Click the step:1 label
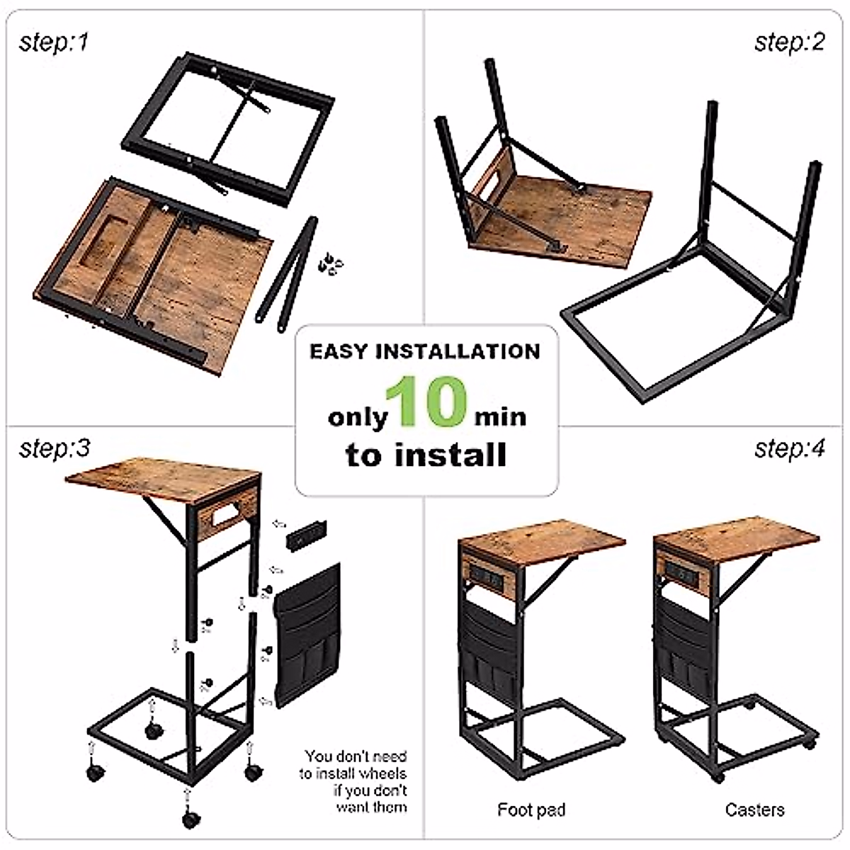click(x=54, y=43)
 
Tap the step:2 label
click(x=790, y=42)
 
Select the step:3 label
click(x=55, y=448)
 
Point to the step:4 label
click(x=790, y=448)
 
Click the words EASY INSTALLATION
click(x=425, y=351)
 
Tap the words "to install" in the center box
click(x=426, y=455)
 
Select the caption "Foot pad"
click(x=531, y=810)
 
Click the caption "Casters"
click(x=754, y=810)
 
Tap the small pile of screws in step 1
click(x=329, y=264)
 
